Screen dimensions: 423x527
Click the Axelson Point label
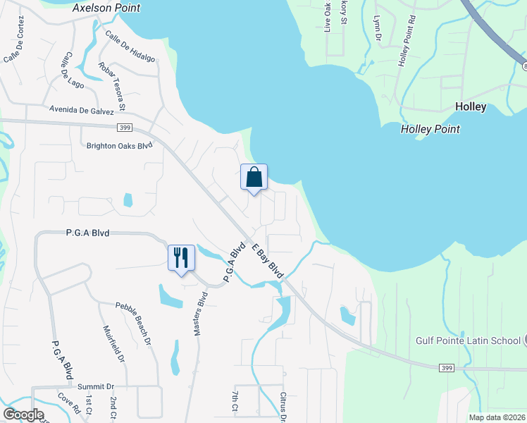[x=106, y=8]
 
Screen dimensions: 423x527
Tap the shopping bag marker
[x=254, y=177]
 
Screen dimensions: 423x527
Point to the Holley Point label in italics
[x=430, y=129]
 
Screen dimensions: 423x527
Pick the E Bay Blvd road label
[x=267, y=260]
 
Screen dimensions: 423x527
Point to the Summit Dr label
[x=95, y=386]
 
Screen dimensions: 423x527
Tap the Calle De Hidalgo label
[x=130, y=47]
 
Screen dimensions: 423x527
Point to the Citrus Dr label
[x=283, y=407]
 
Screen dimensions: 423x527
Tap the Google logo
[x=24, y=415]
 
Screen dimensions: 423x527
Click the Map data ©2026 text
[x=496, y=417]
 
